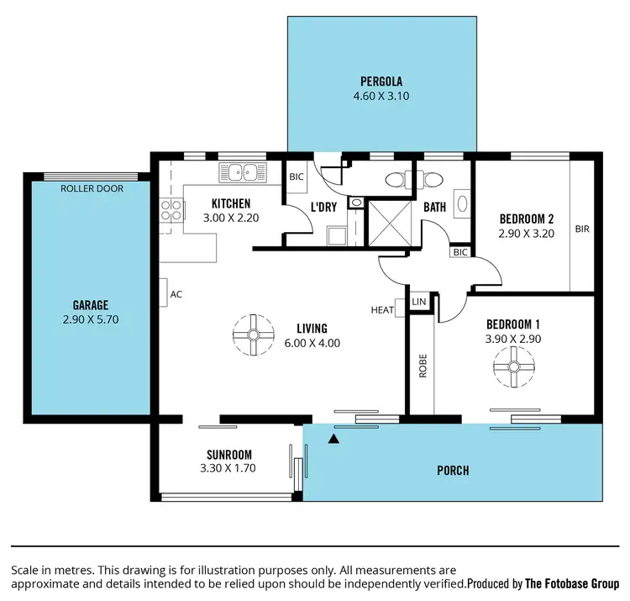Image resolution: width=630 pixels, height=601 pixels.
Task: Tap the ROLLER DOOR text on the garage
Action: [x=92, y=189]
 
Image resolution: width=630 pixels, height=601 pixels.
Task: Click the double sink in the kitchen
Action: [x=241, y=172]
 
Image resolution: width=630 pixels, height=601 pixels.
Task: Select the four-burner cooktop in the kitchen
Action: [x=171, y=210]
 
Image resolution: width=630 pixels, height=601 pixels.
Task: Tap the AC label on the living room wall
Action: [x=176, y=295]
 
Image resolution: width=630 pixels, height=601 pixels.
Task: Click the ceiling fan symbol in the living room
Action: [x=252, y=335]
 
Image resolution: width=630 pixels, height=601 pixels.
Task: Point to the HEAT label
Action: [x=382, y=310]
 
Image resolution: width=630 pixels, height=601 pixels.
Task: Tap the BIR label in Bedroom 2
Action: [x=582, y=228]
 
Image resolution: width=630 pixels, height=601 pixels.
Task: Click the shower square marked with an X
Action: [x=389, y=222]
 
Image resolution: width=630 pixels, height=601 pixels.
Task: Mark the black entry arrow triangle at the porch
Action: [x=335, y=438]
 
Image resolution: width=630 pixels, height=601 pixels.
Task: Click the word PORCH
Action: [x=452, y=471]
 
